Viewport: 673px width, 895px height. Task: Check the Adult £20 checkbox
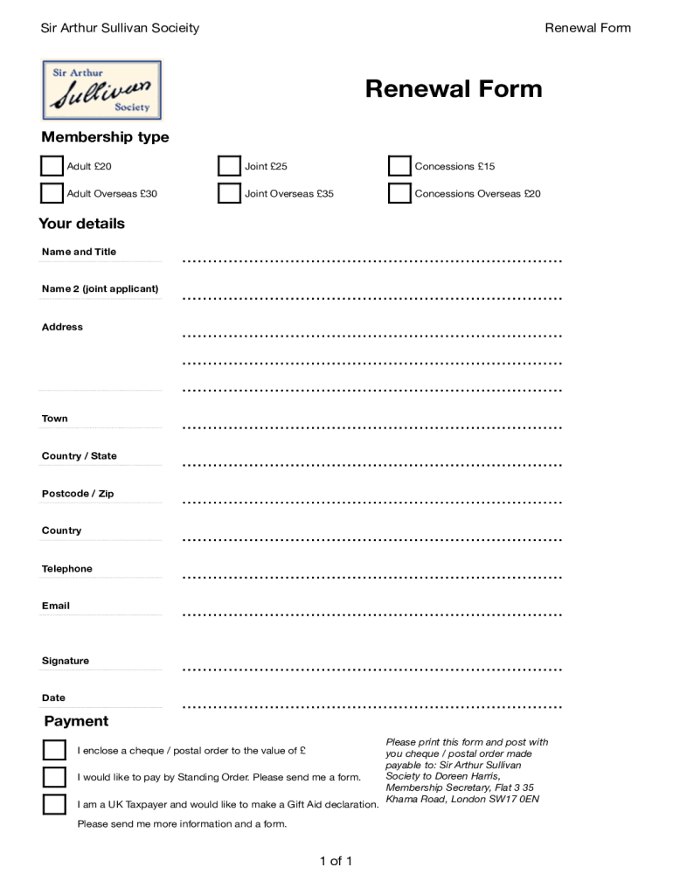point(52,166)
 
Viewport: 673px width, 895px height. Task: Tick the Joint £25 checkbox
point(229,166)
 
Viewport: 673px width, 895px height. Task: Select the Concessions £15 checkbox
point(399,166)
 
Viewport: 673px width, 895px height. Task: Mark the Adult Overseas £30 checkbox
point(52,193)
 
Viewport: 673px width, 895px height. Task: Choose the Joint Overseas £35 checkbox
point(229,193)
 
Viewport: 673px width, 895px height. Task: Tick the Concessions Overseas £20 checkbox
point(399,193)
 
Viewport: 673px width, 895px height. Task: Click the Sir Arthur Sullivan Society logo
point(102,89)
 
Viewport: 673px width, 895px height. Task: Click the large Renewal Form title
point(453,88)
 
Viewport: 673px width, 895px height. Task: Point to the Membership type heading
point(105,137)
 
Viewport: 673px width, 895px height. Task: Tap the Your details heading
point(82,224)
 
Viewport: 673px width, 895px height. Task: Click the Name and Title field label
point(79,252)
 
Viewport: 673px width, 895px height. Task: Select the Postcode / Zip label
point(78,494)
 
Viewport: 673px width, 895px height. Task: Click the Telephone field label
point(66,569)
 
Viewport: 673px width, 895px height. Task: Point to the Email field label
point(56,606)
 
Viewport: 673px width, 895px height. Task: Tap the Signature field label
point(66,661)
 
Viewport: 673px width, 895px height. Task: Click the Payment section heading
point(76,721)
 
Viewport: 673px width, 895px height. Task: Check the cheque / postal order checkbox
point(54,750)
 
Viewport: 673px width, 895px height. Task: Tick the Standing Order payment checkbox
point(54,777)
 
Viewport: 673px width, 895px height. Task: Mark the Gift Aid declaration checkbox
point(54,804)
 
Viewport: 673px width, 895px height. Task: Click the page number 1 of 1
point(336,862)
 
